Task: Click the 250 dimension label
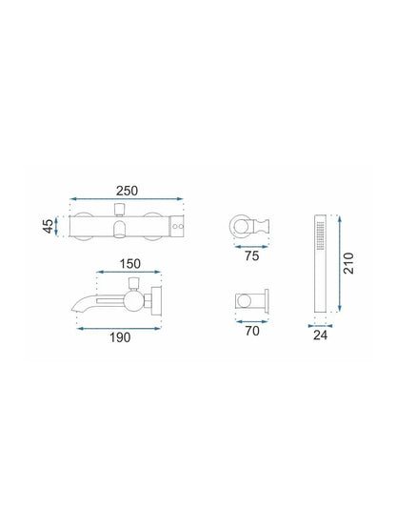127,191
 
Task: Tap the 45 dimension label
49,226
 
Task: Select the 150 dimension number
130,264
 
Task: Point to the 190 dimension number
120,337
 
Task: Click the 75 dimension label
251,256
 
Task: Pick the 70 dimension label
252,331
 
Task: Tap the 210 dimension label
348,263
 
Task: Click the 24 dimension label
320,336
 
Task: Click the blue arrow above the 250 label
127,198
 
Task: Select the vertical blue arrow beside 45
56,226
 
